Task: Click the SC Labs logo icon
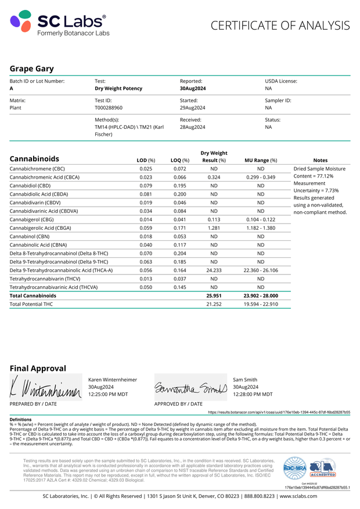(x=21, y=23)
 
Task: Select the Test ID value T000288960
(x=109, y=108)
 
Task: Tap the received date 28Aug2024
(x=193, y=127)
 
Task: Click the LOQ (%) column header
(x=180, y=160)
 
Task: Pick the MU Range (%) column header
(x=261, y=160)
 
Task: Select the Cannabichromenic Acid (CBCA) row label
(x=45, y=177)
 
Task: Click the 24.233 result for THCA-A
(x=214, y=270)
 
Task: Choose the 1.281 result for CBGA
(x=214, y=228)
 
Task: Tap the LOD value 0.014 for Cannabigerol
(x=146, y=220)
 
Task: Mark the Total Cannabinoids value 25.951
(x=214, y=295)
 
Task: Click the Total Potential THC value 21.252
(x=214, y=304)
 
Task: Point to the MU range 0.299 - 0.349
(x=261, y=177)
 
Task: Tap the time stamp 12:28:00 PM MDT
(x=253, y=394)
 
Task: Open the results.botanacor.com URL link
(x=279, y=411)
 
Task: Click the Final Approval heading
(x=38, y=368)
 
